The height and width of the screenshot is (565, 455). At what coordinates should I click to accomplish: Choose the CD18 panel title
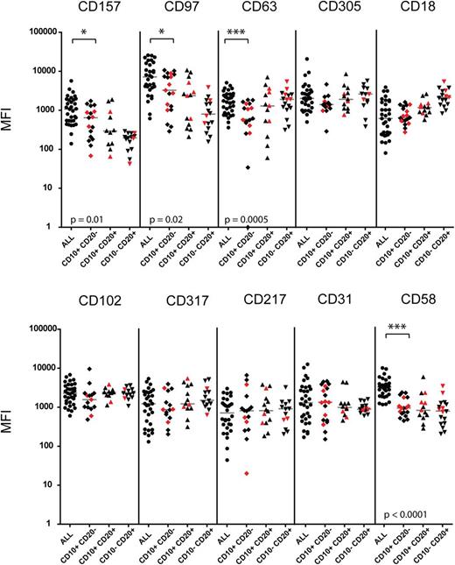[410, 11]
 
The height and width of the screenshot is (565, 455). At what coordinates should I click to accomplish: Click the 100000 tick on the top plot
[39, 32]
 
